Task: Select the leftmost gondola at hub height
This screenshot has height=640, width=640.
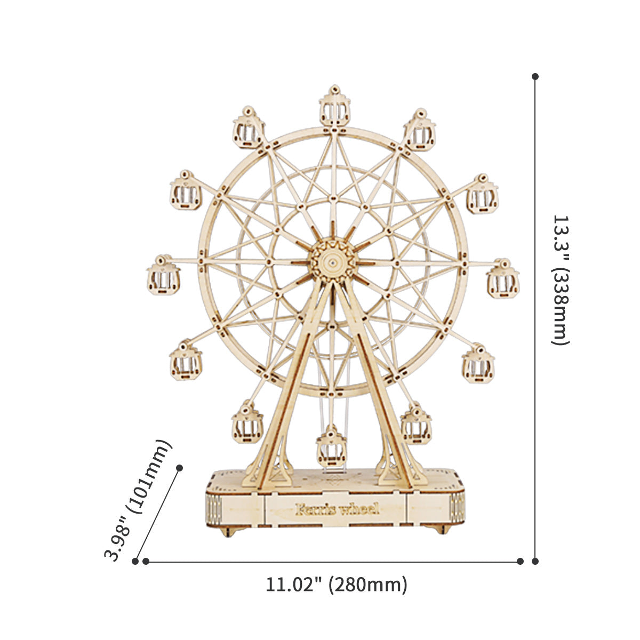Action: point(163,276)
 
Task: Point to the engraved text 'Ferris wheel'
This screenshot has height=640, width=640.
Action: point(337,508)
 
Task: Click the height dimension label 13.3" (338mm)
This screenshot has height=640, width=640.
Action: point(561,280)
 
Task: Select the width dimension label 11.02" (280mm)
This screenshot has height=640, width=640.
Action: point(337,585)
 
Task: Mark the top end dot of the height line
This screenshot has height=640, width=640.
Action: point(535,77)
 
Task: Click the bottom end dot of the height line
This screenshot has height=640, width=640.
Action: point(535,561)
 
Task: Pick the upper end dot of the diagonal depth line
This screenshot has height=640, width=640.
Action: point(180,467)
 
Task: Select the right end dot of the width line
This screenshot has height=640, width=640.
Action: point(521,561)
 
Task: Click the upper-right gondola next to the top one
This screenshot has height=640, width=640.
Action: point(420,131)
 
